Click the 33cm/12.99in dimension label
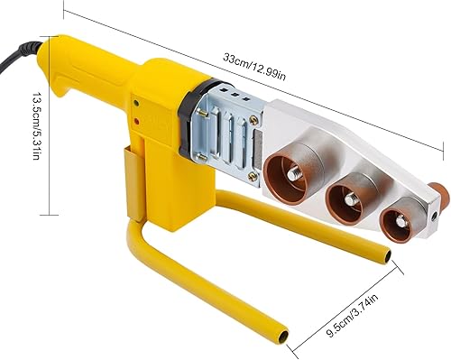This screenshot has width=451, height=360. coord(254,67)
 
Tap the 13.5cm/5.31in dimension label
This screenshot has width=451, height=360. coord(36,125)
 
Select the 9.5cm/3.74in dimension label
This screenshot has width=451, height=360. coord(352,316)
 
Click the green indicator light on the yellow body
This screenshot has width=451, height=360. coord(136,103)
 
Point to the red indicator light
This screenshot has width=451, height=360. coord(137,122)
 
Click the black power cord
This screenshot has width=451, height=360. coord(19,57)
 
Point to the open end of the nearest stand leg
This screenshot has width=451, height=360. coord(282,336)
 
